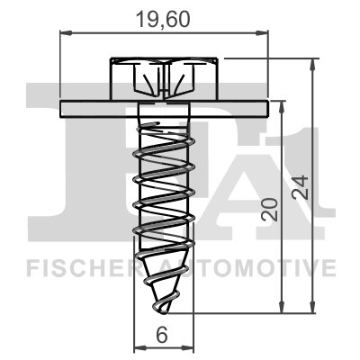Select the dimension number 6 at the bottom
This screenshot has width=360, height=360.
coord(163,334)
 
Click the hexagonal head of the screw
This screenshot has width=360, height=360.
coord(164,79)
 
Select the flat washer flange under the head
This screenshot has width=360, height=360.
coord(165,109)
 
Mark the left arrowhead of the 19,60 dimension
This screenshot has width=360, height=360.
coord(63,33)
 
